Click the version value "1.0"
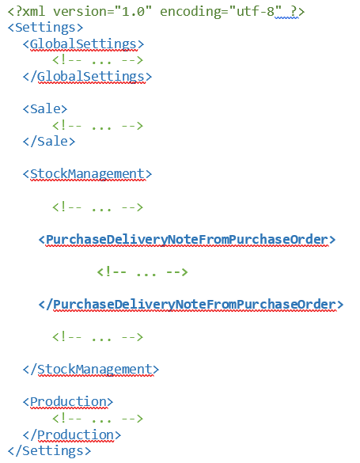[x=133, y=11]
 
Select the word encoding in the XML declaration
[x=191, y=12]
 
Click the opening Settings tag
[x=45, y=28]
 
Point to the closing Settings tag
[x=49, y=451]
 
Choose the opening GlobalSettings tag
[x=84, y=44]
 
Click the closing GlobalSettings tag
[x=87, y=77]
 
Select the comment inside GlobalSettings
[x=98, y=60]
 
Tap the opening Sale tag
[x=45, y=109]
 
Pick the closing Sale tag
[x=49, y=142]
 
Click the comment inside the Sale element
[x=98, y=126]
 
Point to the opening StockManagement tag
[x=87, y=174]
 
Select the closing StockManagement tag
[x=91, y=370]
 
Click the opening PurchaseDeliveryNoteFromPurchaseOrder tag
[x=187, y=240]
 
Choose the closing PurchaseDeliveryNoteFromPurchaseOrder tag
[x=191, y=305]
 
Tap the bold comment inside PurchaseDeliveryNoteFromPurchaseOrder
[x=142, y=272]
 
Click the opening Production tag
[x=68, y=402]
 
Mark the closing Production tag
[x=72, y=435]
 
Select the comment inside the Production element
[x=98, y=419]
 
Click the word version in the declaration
[x=81, y=11]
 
